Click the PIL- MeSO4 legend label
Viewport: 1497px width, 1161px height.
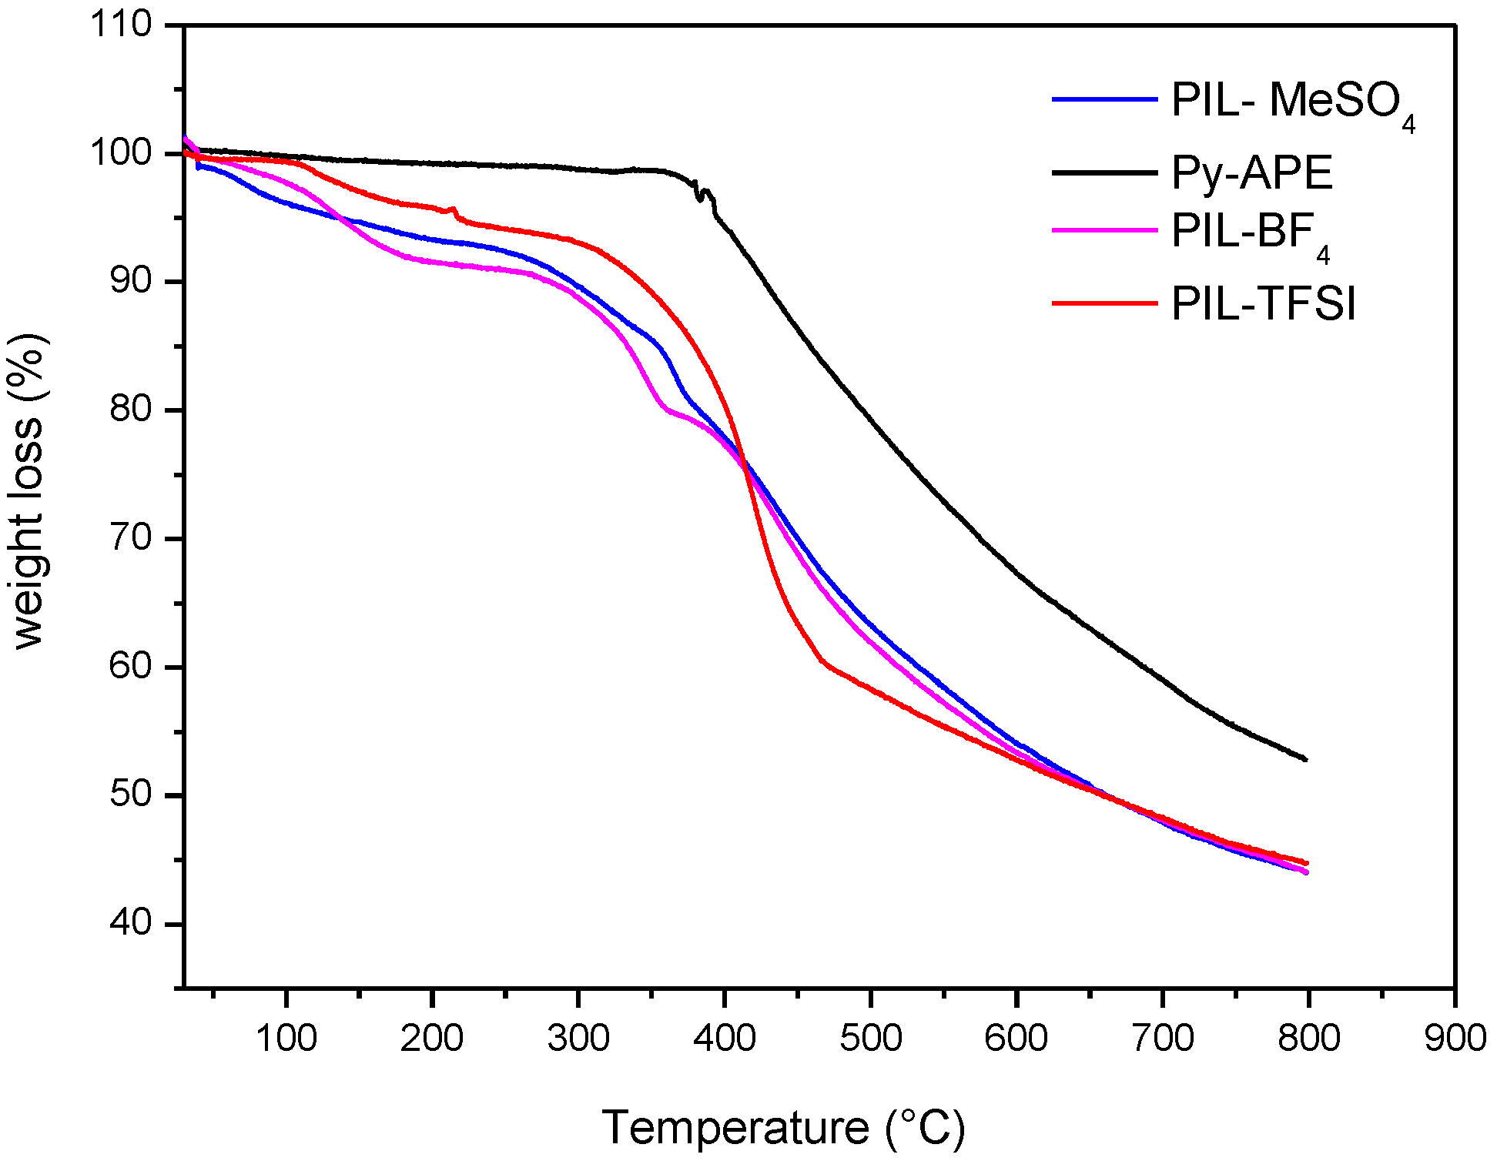[1292, 102]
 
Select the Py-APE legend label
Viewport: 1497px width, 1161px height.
[1251, 172]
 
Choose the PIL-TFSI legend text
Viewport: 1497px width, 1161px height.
[1263, 303]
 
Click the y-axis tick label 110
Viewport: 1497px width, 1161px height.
[122, 25]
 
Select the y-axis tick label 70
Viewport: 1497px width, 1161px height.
[129, 537]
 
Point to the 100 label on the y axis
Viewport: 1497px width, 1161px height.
[122, 152]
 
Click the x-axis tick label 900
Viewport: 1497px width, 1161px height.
[1455, 1039]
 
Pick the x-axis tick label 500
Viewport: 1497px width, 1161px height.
[870, 1039]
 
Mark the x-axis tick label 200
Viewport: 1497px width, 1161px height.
[432, 1039]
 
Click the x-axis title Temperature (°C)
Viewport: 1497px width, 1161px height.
[782, 1128]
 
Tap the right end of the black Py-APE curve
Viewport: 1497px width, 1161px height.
[1306, 759]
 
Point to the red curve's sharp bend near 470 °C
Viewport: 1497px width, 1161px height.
[822, 661]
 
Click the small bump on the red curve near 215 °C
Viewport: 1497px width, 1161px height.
[453, 209]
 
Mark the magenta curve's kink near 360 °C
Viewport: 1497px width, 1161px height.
[664, 407]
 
